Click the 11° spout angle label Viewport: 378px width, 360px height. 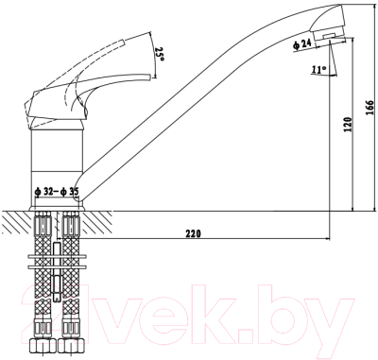320,69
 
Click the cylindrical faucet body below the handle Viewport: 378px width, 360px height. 59,156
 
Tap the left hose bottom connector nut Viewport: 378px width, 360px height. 43,344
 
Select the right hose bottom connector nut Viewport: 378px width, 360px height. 72,344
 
